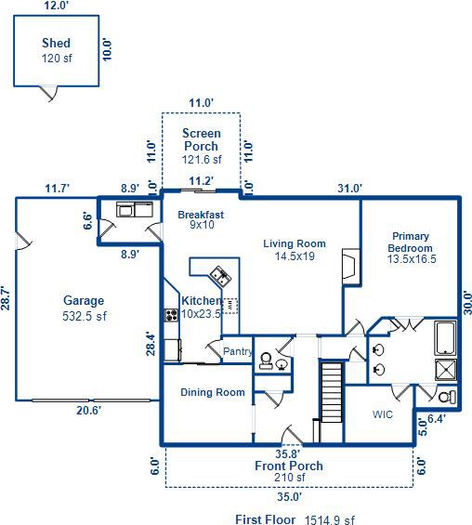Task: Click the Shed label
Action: tap(56, 43)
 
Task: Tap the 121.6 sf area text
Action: tap(202, 160)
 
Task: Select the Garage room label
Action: tap(84, 301)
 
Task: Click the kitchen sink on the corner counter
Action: tap(220, 276)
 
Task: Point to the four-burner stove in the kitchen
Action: tap(171, 315)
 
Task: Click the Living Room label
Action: tap(295, 243)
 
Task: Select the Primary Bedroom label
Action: tap(411, 243)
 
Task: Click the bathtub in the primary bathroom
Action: tap(445, 338)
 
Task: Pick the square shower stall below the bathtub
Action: tap(446, 370)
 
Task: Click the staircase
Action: tap(332, 392)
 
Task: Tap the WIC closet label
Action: tap(382, 414)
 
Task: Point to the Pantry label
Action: tap(238, 351)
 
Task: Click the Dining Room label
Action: tap(213, 392)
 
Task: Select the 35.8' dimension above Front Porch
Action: tap(287, 454)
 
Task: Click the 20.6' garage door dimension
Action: tap(88, 411)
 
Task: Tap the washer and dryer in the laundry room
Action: tap(135, 210)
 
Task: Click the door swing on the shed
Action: tap(49, 94)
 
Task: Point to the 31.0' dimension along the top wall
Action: tap(349, 189)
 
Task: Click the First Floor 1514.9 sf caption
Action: tap(295, 519)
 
